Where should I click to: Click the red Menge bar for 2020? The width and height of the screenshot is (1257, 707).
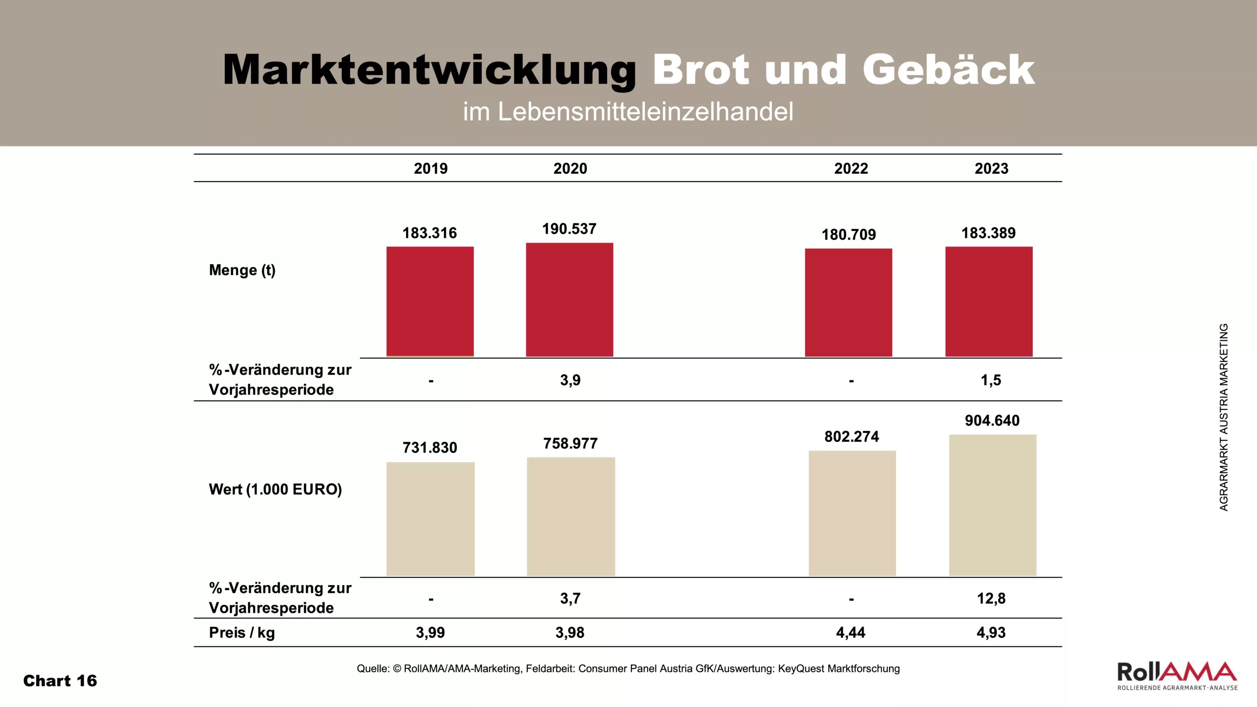570,299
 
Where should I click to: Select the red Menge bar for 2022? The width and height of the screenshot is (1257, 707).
848,302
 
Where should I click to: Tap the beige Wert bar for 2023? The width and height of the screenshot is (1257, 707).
992,505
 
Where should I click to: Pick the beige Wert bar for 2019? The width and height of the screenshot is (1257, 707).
430,518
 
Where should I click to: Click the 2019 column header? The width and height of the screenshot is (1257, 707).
431,168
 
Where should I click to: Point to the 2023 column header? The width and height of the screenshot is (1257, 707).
991,168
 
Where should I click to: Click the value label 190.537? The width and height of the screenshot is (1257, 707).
569,229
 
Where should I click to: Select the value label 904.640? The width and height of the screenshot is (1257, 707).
992,420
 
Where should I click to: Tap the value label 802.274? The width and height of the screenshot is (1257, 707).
851,436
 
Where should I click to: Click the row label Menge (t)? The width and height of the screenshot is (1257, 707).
242,270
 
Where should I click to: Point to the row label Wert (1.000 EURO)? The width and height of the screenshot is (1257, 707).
275,489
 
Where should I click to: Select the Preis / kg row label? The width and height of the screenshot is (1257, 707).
242,632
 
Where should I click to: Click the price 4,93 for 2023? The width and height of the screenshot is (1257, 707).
991,632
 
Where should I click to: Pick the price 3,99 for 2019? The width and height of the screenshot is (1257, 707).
430,632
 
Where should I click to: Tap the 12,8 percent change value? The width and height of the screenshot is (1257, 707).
991,598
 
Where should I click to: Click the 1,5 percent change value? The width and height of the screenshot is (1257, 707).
991,380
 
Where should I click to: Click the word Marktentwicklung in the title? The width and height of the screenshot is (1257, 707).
429,70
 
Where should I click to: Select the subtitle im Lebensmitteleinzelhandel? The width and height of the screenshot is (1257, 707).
628,111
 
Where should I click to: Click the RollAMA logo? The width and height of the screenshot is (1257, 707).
1177,676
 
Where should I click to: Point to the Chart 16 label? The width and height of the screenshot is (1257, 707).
60,681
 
